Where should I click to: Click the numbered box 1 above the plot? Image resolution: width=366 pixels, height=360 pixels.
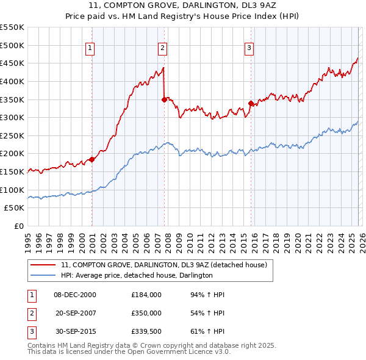[x=90, y=48]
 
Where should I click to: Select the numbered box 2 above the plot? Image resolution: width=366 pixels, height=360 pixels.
[x=163, y=48]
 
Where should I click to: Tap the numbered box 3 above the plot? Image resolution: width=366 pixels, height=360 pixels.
[x=249, y=48]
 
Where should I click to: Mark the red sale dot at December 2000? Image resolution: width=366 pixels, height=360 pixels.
[x=92, y=160]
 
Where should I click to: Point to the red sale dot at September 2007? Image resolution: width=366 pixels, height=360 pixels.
[x=164, y=99]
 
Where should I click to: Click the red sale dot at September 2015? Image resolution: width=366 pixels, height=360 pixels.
[x=251, y=103]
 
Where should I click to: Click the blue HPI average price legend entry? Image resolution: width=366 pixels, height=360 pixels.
[x=137, y=276]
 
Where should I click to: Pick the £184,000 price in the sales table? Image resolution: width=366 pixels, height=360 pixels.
[x=146, y=295]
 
